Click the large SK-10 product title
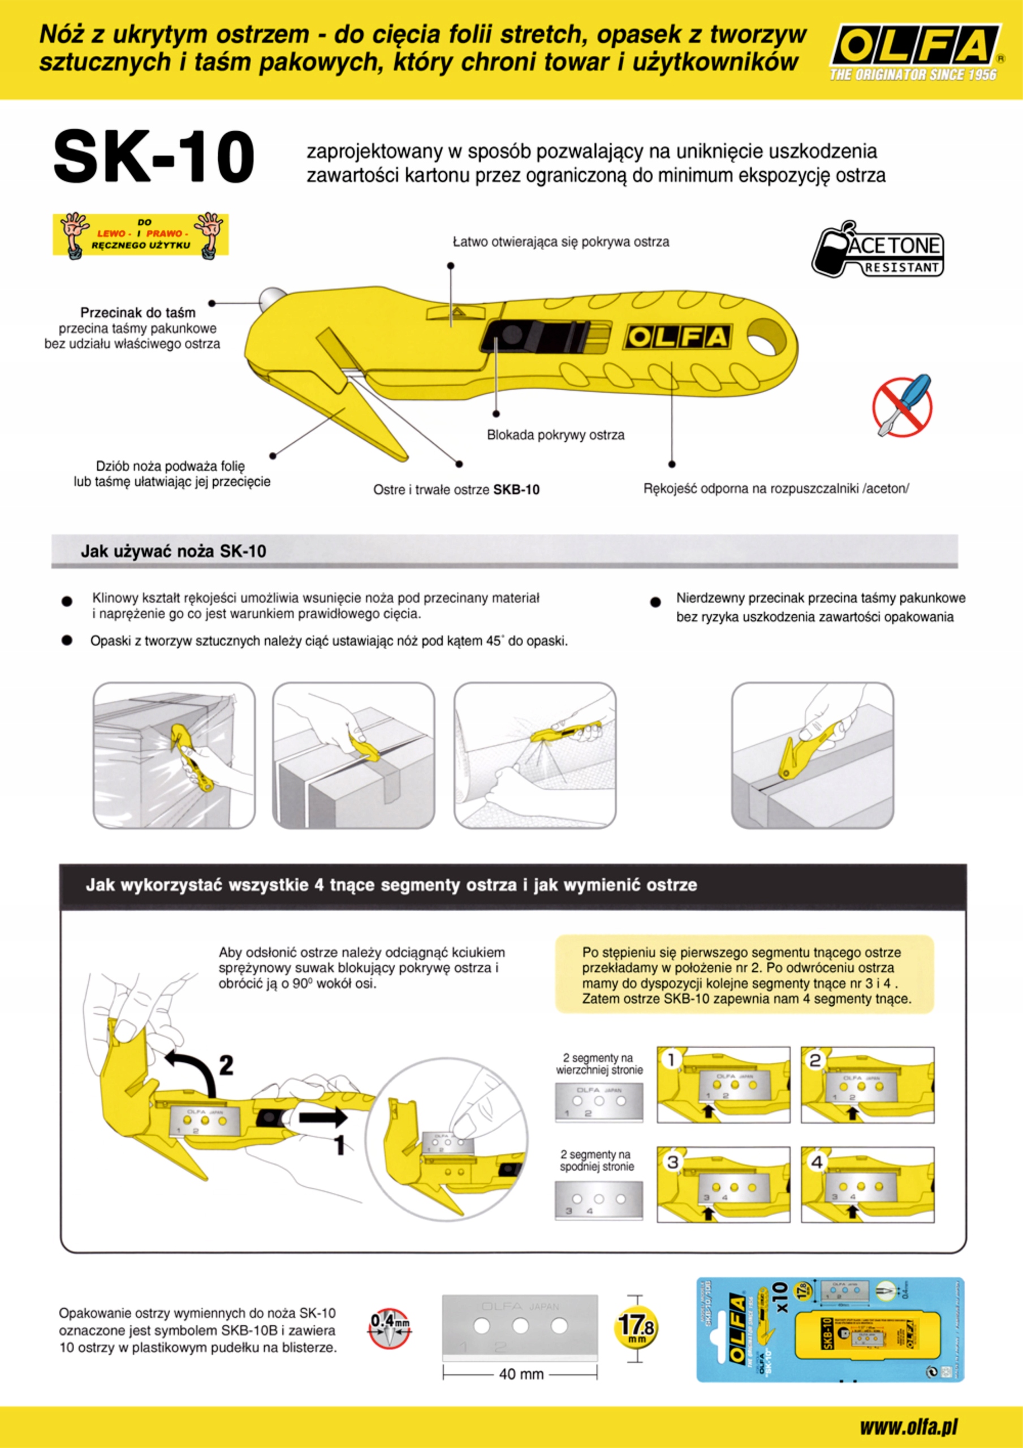154,157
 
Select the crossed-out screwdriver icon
902,406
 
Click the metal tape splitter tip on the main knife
270,296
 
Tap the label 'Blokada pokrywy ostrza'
555,434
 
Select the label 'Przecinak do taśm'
137,312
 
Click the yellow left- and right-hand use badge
141,235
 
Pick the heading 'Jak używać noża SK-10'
174,551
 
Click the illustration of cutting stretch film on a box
174,755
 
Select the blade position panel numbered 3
723,1184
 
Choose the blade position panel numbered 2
867,1085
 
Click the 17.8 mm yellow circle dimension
636,1326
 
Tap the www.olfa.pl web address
908,1427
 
